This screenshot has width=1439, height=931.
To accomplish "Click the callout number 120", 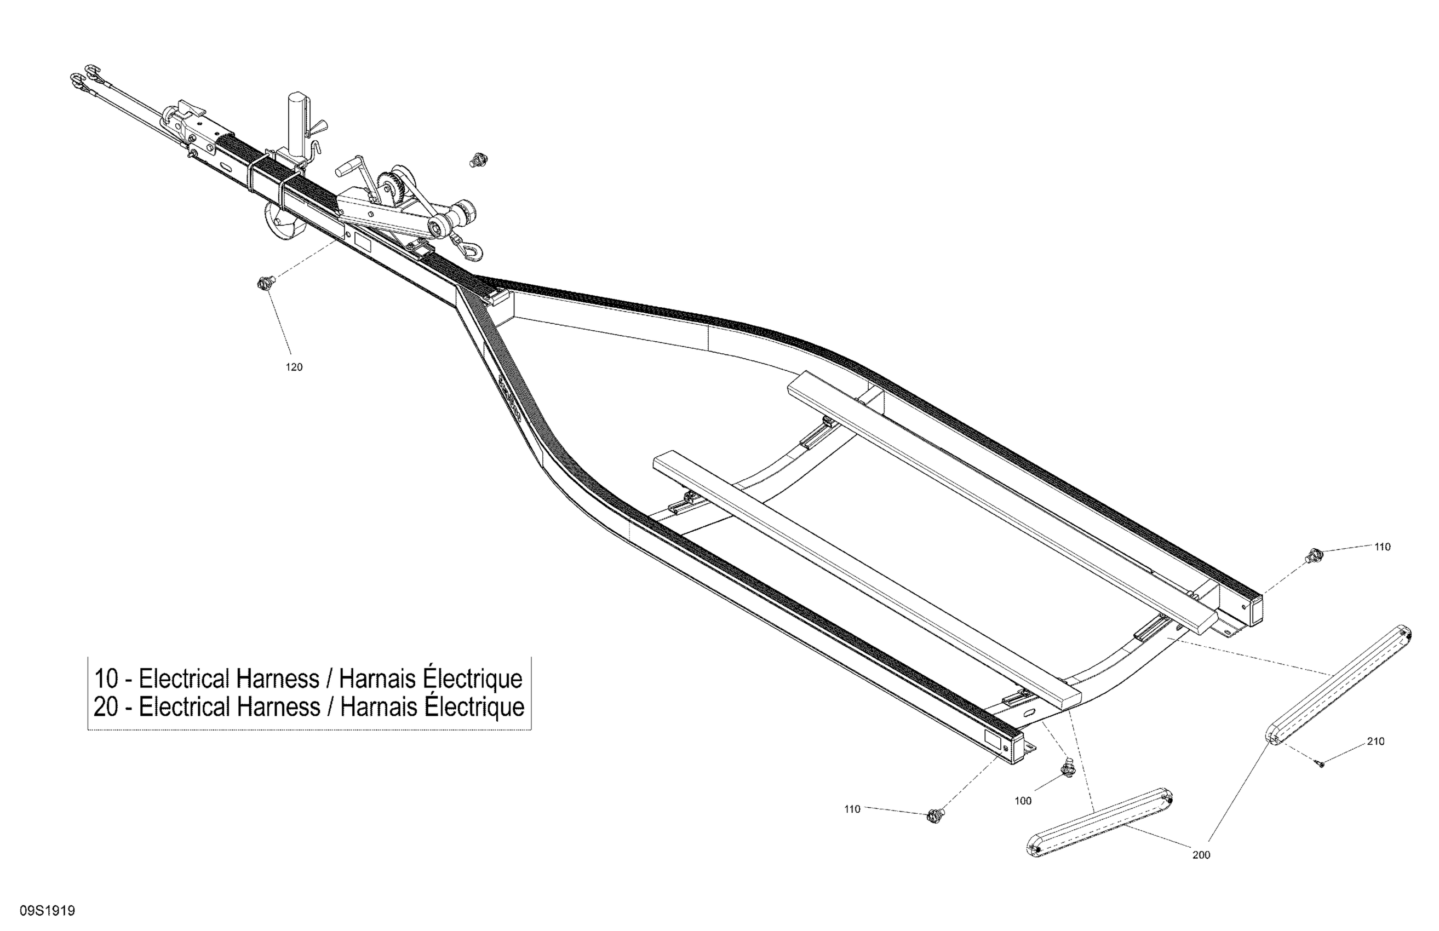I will click(294, 367).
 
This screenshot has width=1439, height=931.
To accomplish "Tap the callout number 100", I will click(1023, 801).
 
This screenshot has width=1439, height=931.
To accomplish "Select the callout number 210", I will click(1375, 742).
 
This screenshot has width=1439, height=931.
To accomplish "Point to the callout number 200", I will click(1201, 855).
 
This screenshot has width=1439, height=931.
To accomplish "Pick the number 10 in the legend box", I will click(106, 679).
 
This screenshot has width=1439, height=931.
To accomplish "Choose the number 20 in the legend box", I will click(106, 706).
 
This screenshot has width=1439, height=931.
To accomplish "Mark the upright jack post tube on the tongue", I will click(298, 124).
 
